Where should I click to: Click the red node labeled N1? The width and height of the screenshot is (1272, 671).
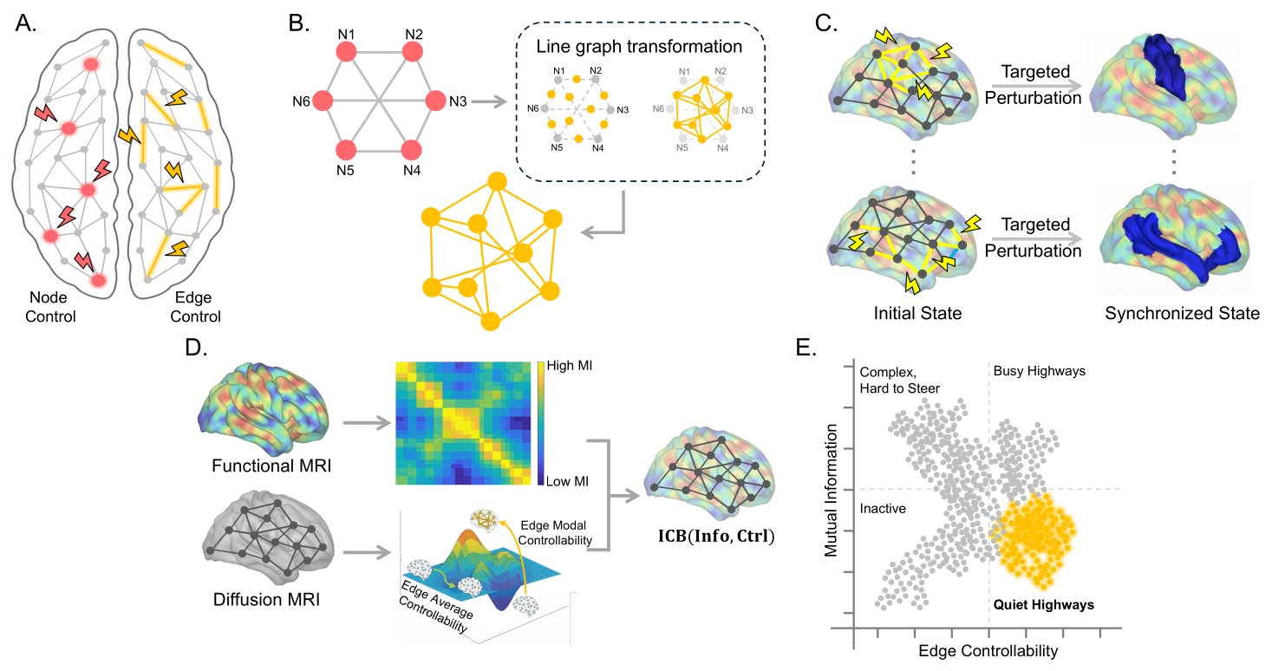pyautogui.click(x=346, y=52)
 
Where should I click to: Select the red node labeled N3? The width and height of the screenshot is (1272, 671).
pyautogui.click(x=435, y=101)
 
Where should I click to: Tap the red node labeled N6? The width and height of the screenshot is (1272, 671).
pyautogui.click(x=323, y=101)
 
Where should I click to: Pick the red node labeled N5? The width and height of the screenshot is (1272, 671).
pyautogui.click(x=346, y=151)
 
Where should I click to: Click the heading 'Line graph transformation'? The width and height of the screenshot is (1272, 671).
pyautogui.click(x=639, y=47)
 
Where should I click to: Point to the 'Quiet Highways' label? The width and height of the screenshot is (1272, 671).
pyautogui.click(x=1044, y=605)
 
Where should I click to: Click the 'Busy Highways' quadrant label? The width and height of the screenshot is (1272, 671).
pyautogui.click(x=1039, y=371)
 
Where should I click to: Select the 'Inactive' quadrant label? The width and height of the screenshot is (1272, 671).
pyautogui.click(x=883, y=509)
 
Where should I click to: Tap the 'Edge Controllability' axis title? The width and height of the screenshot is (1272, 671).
pyautogui.click(x=988, y=651)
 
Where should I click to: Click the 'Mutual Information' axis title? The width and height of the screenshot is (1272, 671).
pyautogui.click(x=832, y=491)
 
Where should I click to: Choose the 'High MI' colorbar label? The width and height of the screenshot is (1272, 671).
pyautogui.click(x=569, y=366)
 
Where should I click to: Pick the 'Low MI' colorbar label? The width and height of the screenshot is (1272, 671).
pyautogui.click(x=567, y=481)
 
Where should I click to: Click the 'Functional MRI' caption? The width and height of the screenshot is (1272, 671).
pyautogui.click(x=271, y=466)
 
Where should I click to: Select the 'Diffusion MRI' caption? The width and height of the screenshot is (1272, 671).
pyautogui.click(x=266, y=599)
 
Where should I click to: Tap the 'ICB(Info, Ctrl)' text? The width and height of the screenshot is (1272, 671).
pyautogui.click(x=716, y=537)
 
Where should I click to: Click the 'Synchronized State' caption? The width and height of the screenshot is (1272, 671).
pyautogui.click(x=1183, y=313)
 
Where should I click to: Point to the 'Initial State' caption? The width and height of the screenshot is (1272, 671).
pyautogui.click(x=917, y=313)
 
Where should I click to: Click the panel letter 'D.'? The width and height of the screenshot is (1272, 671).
pyautogui.click(x=197, y=348)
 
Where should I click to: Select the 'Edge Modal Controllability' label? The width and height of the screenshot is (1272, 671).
pyautogui.click(x=555, y=533)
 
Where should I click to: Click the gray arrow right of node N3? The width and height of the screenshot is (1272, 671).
pyautogui.click(x=489, y=102)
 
